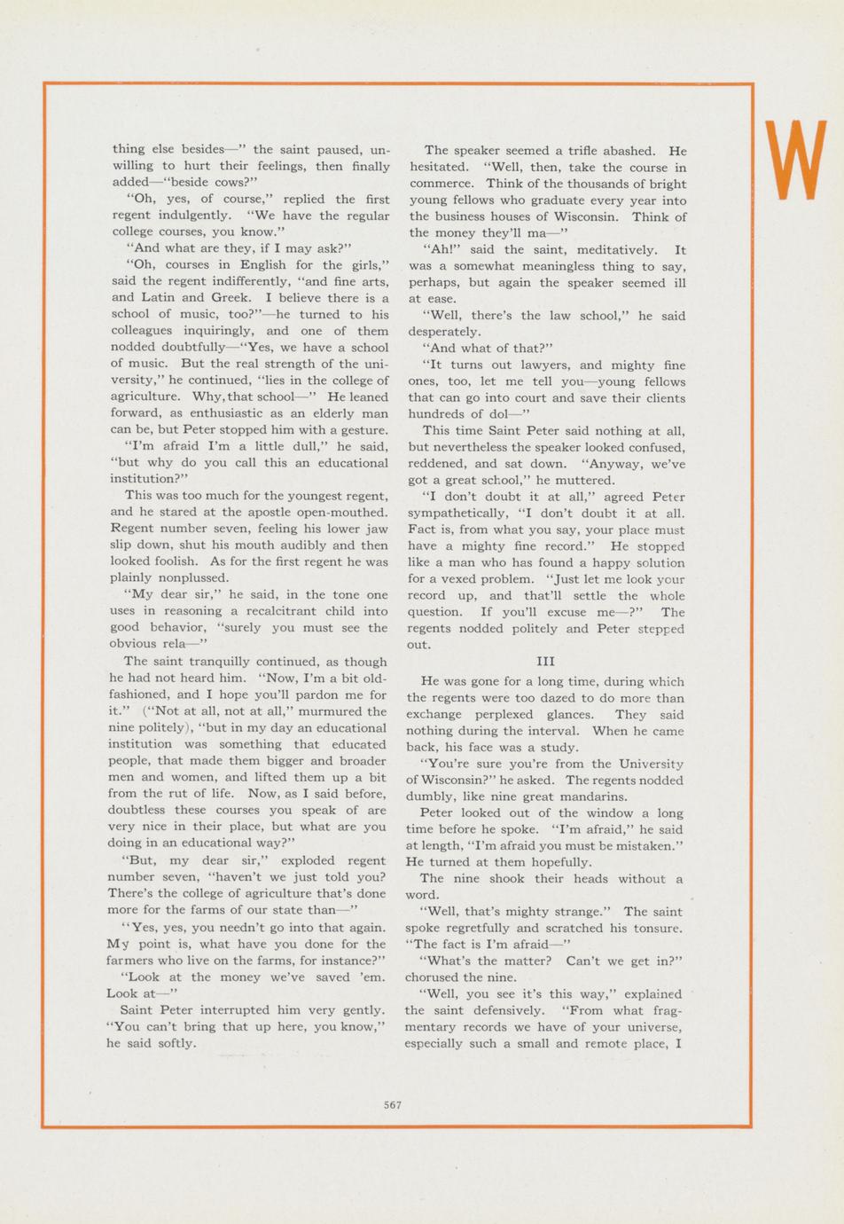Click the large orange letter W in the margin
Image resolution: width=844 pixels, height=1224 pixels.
(x=794, y=161)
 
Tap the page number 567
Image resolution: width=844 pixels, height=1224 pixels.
(x=393, y=1105)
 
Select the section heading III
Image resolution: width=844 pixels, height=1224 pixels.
(x=545, y=662)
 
